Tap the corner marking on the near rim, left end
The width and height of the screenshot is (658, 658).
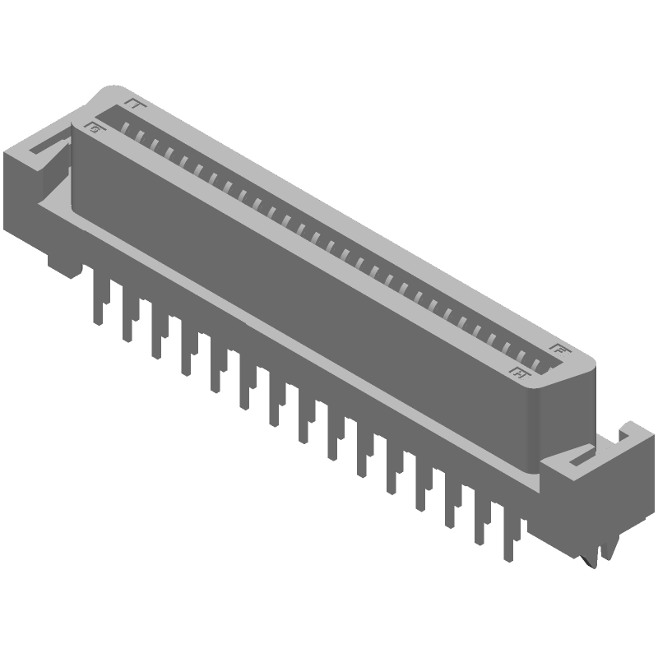point(95,128)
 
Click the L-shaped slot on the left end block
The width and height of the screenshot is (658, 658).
point(45,144)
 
